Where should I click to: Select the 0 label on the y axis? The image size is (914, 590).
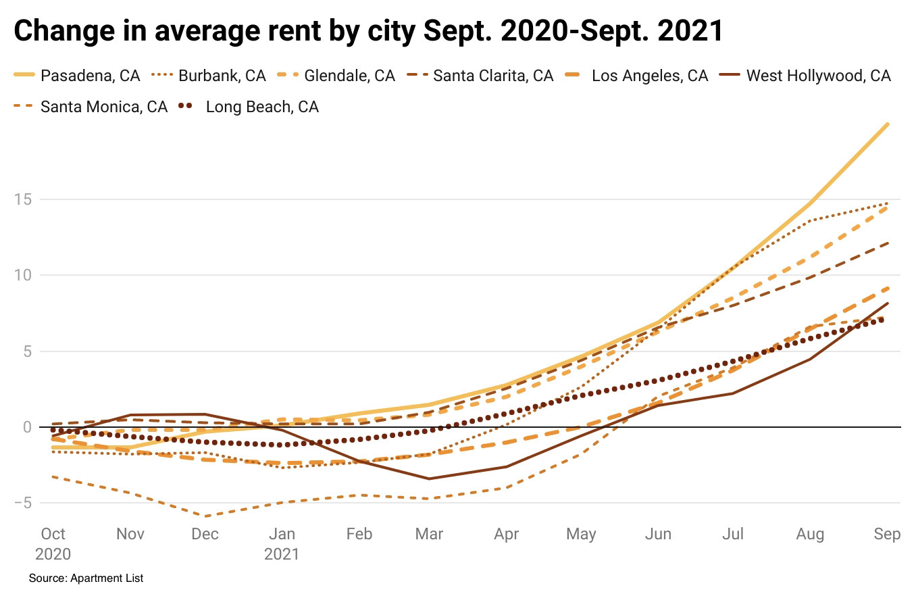[x=28, y=427]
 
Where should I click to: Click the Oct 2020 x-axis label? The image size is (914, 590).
[x=53, y=543]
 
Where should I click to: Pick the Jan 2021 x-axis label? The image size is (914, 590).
[x=282, y=543]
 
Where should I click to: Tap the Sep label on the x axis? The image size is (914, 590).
[x=887, y=534]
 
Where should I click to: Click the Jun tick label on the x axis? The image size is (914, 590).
[x=658, y=534]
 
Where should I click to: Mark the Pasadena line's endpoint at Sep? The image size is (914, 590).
[x=888, y=124]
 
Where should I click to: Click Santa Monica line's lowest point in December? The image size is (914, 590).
[x=205, y=516]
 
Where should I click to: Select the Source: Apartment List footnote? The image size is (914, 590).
[x=86, y=578]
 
